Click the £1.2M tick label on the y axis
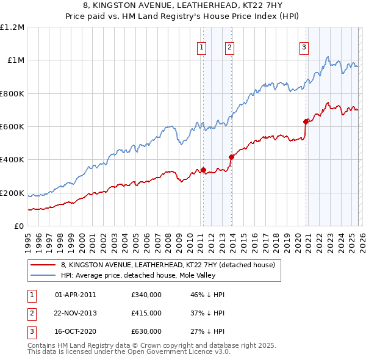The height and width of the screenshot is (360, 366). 12,27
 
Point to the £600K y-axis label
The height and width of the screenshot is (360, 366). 12,127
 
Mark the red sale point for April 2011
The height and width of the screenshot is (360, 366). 203,170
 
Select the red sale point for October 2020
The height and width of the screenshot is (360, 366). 306,121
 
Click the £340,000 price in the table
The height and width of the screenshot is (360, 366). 146,295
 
